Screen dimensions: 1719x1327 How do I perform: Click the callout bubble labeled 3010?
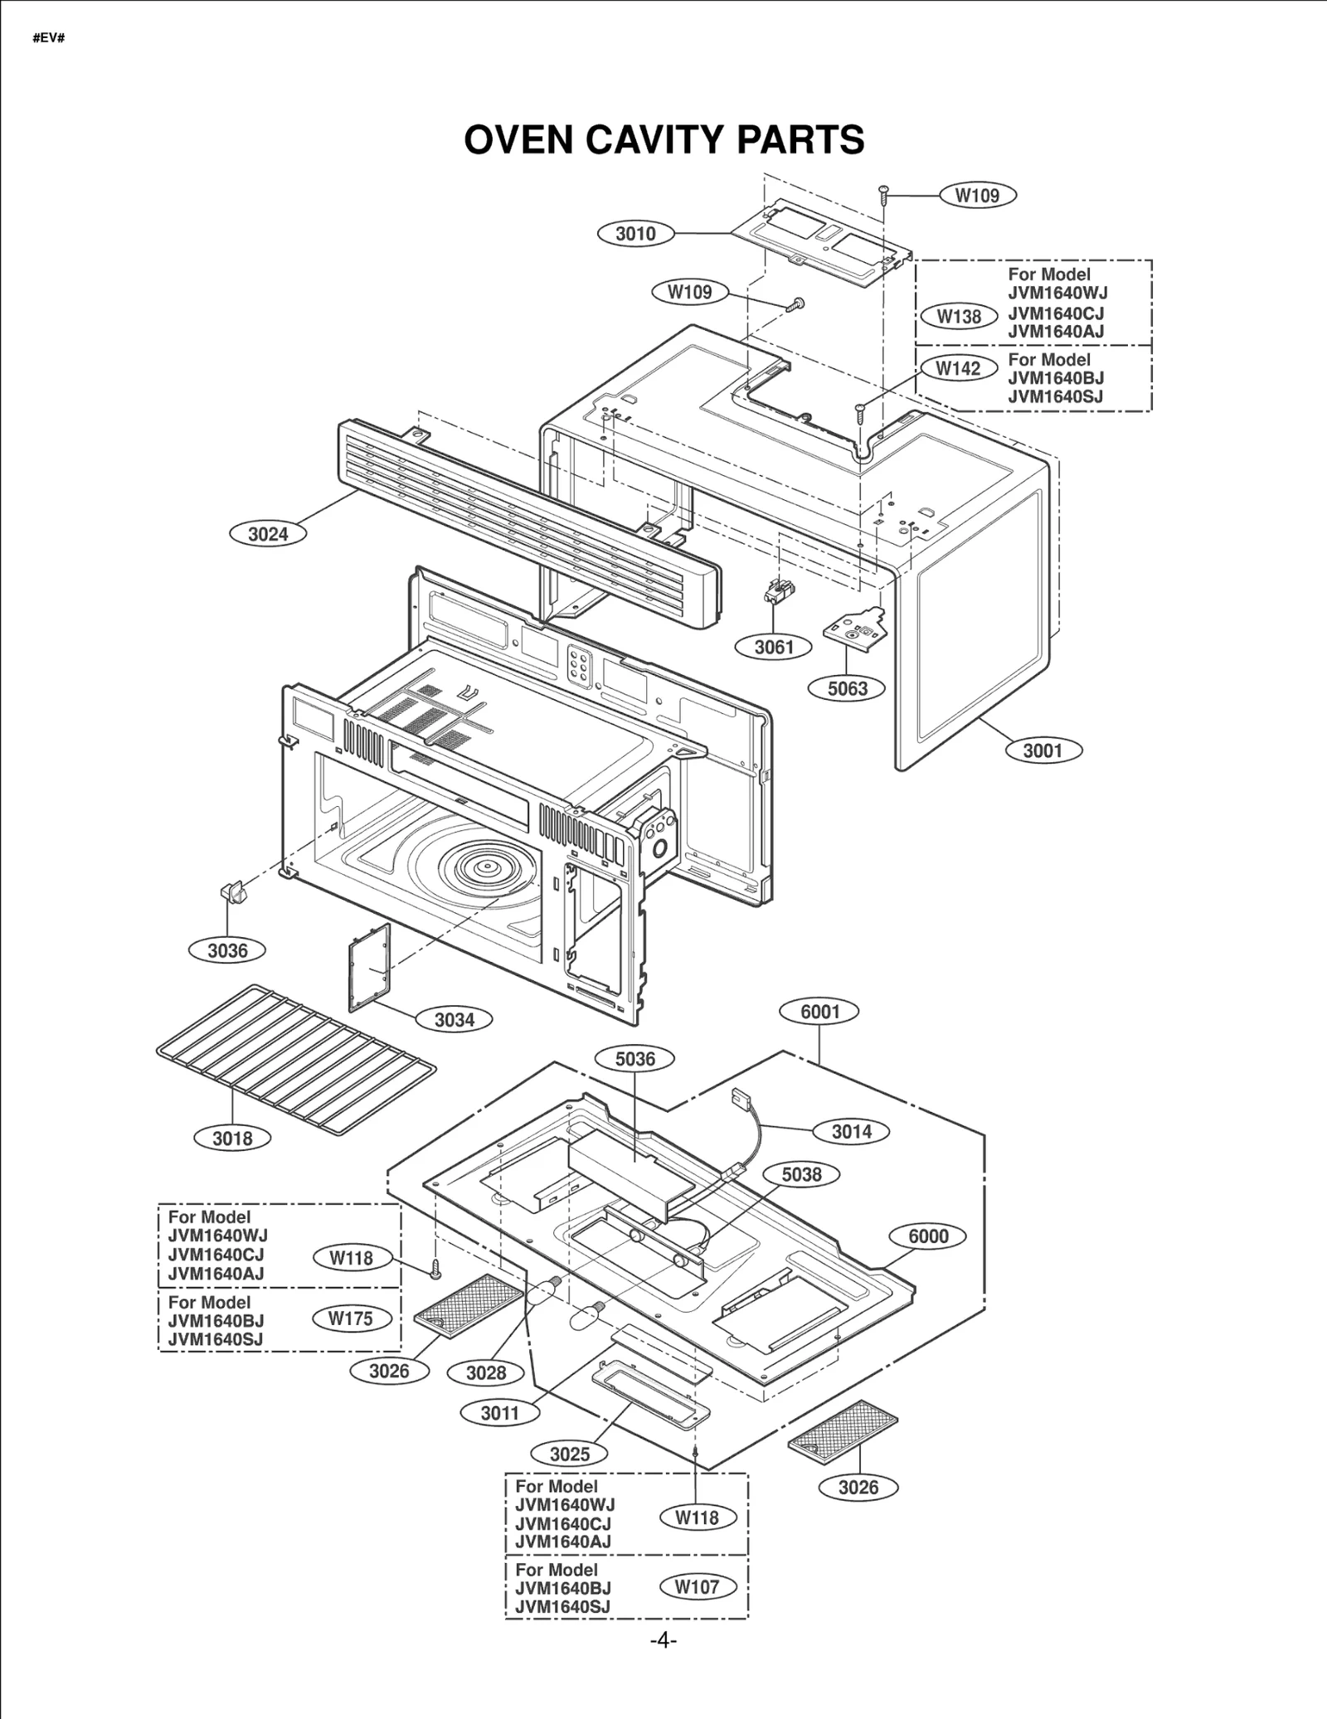[x=635, y=234]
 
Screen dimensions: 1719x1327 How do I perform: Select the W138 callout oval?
[x=959, y=316]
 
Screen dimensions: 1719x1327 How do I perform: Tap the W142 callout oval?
[x=958, y=368]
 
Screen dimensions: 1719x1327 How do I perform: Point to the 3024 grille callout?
[x=268, y=534]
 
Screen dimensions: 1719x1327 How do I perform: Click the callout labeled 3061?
[x=774, y=647]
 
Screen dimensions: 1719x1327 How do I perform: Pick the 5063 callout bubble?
[x=847, y=688]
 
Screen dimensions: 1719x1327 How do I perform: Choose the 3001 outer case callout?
[x=1043, y=750]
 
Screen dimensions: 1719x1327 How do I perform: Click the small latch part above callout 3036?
[x=231, y=893]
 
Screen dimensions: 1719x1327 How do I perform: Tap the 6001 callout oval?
[x=819, y=1012]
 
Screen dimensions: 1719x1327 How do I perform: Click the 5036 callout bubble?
[x=635, y=1059]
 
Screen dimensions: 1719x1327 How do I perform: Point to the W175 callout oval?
[x=351, y=1318]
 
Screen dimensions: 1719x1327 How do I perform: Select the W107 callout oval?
[x=697, y=1587]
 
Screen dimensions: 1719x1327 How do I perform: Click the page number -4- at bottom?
[x=663, y=1640]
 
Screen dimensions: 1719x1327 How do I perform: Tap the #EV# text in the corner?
[x=48, y=38]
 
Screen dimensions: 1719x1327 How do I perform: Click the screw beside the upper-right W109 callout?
[x=884, y=193]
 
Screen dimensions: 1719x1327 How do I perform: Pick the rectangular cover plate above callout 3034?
[x=370, y=968]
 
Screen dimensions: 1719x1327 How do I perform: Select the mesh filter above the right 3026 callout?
[x=843, y=1431]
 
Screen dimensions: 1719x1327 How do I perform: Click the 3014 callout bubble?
[x=851, y=1132]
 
